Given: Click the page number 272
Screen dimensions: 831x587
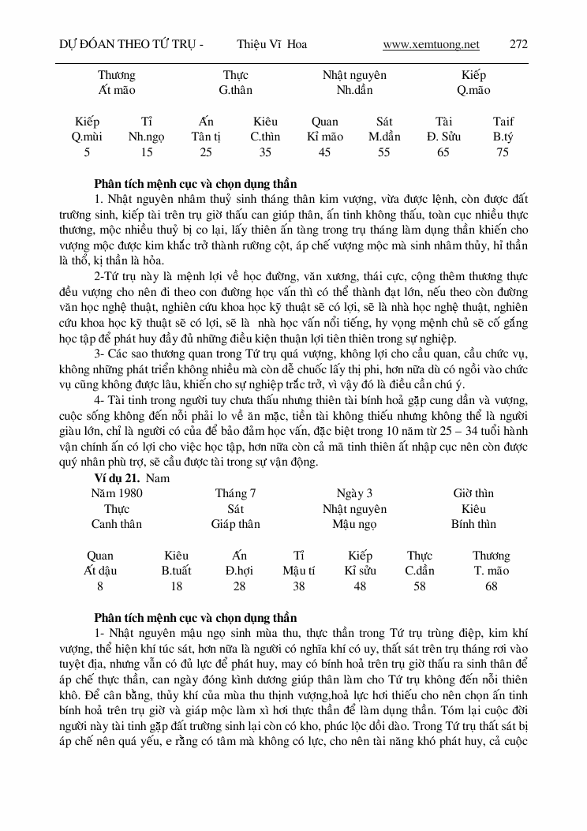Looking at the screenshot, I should (x=518, y=44).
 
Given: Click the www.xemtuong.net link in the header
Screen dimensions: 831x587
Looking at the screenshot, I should (x=431, y=44).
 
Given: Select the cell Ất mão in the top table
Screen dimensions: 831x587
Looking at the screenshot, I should (x=117, y=90).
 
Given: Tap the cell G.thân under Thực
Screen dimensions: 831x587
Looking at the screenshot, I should (x=236, y=90).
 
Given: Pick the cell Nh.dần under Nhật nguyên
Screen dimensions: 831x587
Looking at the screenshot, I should (x=354, y=90).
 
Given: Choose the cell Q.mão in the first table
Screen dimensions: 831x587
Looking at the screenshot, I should (x=473, y=90).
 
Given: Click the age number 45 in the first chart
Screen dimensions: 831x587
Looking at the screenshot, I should (x=324, y=152).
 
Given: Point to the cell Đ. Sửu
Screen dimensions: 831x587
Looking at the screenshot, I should (x=443, y=137).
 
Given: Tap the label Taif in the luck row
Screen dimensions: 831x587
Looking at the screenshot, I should (x=503, y=122).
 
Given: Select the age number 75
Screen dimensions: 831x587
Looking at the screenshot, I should (x=503, y=152).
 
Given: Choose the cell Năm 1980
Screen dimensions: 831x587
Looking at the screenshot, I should (x=117, y=493).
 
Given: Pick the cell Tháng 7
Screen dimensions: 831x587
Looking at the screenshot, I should (x=235, y=493).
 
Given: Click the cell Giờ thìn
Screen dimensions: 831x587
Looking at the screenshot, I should (x=473, y=493).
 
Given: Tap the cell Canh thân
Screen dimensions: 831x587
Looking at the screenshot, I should (x=117, y=524).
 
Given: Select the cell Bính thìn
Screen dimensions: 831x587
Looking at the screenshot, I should (x=473, y=524).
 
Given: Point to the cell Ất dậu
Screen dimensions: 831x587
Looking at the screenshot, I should (x=100, y=571).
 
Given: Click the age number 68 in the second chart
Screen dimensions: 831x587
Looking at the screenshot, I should (x=492, y=586).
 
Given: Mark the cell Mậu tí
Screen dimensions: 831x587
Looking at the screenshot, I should (x=299, y=571).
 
